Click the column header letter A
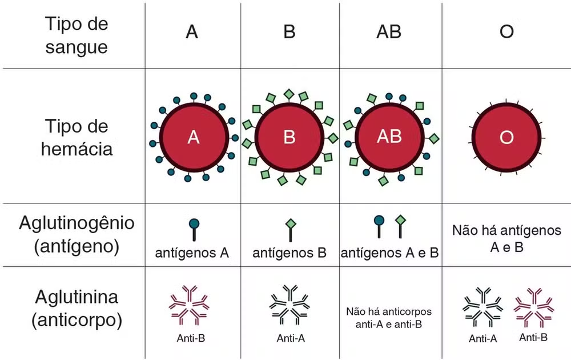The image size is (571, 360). (x=192, y=32)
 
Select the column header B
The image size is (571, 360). (x=289, y=32)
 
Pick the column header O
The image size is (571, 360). (x=506, y=32)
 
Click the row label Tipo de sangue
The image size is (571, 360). (x=77, y=35)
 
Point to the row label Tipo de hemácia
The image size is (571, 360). (x=77, y=138)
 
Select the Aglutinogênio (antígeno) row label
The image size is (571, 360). (x=77, y=234)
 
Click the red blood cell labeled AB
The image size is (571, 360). (x=389, y=137)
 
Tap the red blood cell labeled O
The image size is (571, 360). (x=506, y=138)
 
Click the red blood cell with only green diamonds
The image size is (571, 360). (x=289, y=138)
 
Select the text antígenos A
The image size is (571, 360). (x=192, y=253)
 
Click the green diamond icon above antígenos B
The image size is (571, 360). (x=290, y=223)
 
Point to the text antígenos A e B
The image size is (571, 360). (x=389, y=253)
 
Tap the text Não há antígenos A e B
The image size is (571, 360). (x=506, y=238)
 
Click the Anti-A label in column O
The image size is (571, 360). (x=483, y=339)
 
